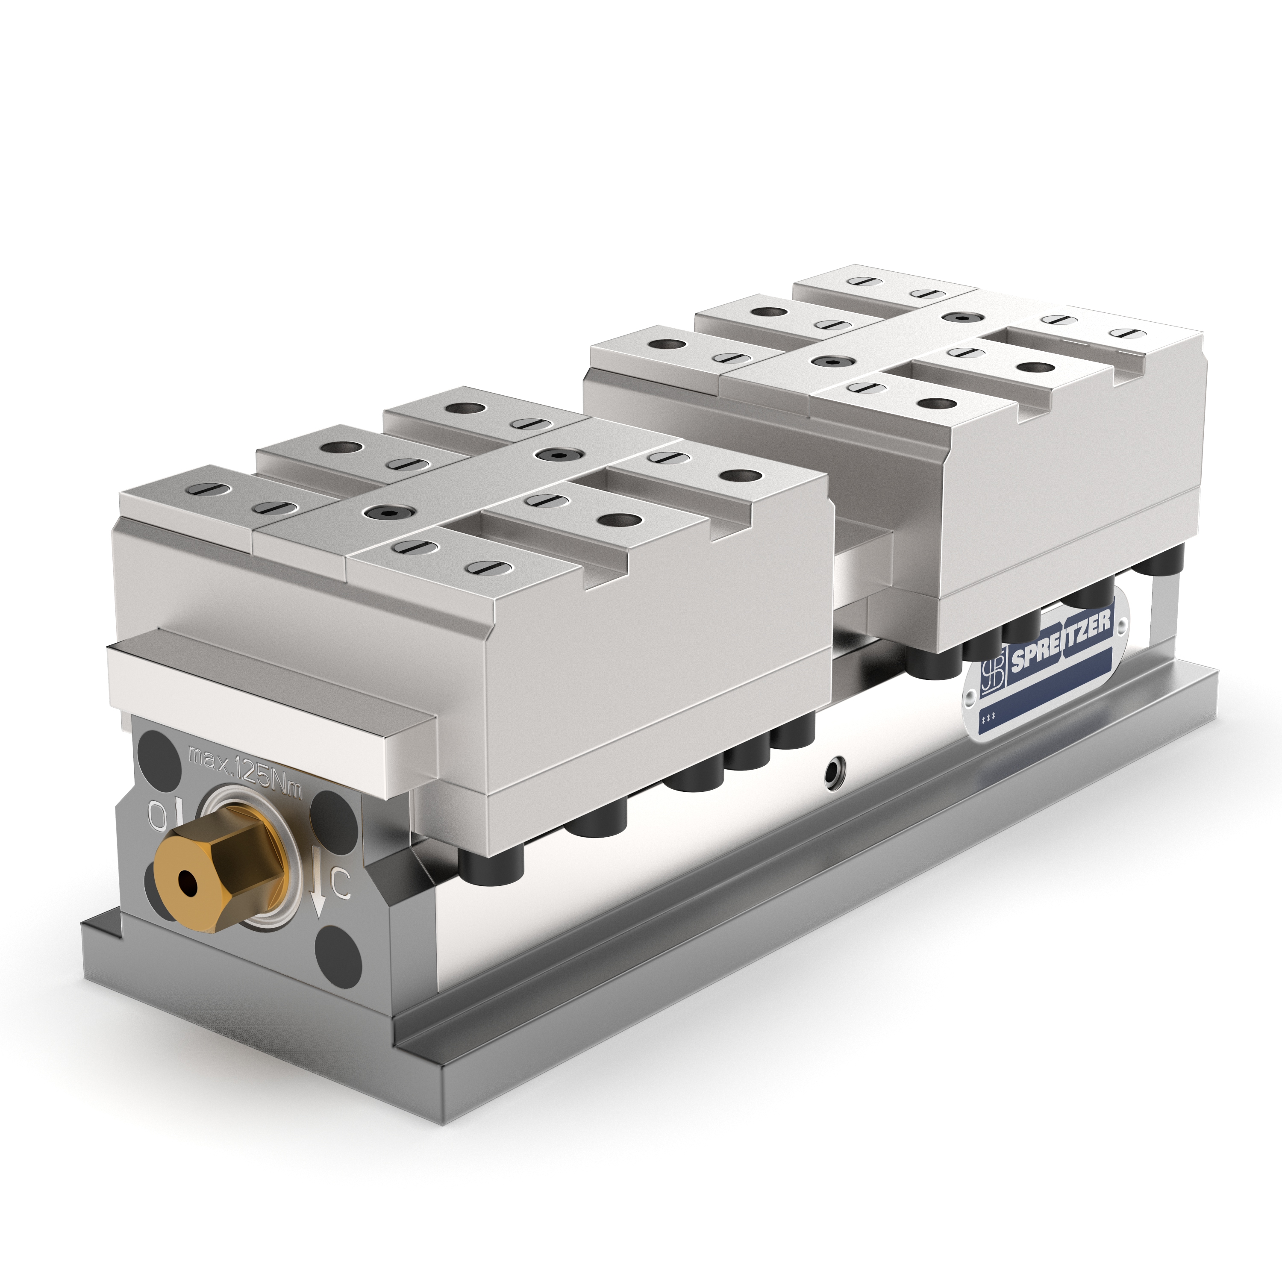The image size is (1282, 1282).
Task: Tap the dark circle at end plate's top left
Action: point(153,748)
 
